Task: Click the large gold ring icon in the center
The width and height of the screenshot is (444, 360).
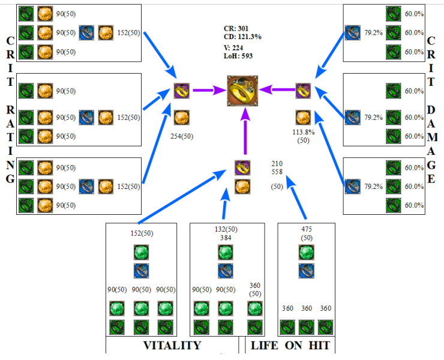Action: [243, 91]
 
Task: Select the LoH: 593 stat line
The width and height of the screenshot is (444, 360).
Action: [238, 56]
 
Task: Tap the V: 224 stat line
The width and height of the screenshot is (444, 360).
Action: [234, 48]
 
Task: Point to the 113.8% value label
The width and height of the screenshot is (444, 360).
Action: [304, 133]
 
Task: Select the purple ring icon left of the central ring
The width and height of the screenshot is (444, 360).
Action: [182, 91]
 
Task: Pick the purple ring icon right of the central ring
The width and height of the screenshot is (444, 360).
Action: [304, 91]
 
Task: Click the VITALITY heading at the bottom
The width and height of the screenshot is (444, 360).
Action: [172, 346]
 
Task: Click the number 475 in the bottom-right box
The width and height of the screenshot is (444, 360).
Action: [307, 229]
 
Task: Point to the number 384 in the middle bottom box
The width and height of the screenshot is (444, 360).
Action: [226, 238]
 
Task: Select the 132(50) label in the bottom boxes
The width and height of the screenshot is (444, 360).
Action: [226, 229]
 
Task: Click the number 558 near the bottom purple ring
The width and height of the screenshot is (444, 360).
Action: [277, 172]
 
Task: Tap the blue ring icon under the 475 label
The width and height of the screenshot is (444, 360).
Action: [307, 271]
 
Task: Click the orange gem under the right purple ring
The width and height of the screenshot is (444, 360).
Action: [304, 117]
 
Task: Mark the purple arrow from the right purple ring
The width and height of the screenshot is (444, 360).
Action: [277, 91]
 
